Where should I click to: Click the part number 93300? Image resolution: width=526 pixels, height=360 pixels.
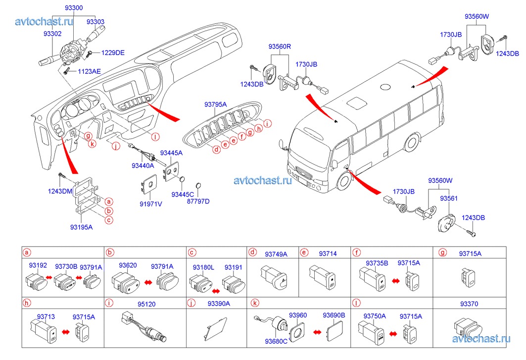(74, 8)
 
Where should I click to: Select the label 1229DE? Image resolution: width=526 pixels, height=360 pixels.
(113, 52)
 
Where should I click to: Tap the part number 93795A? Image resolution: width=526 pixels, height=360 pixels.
(215, 104)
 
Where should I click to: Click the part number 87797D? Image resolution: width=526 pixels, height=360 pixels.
(198, 202)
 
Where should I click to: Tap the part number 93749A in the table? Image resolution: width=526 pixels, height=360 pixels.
(275, 254)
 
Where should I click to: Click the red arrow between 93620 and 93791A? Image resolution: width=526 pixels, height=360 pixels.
(147, 282)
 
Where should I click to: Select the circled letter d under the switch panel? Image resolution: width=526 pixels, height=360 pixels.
(216, 150)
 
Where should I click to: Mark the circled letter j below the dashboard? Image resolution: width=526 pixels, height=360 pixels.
(116, 146)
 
